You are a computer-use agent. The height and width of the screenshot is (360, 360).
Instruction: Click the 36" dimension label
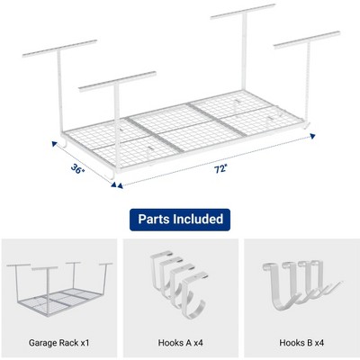(78, 169)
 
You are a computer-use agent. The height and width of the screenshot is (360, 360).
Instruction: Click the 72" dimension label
(220, 169)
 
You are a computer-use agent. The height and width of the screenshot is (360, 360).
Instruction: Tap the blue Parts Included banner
(180, 220)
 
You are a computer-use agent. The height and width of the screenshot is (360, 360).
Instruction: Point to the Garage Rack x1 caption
(59, 343)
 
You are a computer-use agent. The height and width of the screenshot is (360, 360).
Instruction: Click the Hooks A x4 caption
(181, 343)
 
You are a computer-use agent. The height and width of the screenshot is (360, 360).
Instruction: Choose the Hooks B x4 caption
(301, 343)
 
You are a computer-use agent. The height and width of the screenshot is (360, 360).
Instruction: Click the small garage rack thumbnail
(59, 289)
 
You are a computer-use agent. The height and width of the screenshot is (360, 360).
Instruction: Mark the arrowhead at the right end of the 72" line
(312, 137)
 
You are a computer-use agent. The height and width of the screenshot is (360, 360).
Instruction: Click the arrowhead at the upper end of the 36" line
(55, 144)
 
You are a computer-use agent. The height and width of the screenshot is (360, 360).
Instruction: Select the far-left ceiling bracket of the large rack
(59, 48)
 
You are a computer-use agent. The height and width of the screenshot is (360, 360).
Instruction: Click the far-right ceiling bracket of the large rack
(307, 40)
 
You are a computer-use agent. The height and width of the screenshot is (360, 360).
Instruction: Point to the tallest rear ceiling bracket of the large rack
(243, 12)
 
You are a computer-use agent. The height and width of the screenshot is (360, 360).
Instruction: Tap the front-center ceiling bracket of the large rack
(117, 80)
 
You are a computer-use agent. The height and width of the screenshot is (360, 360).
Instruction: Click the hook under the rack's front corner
(112, 175)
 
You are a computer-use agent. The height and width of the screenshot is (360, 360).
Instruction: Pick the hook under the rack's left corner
(66, 143)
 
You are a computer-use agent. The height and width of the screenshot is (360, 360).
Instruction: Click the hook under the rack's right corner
(306, 125)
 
